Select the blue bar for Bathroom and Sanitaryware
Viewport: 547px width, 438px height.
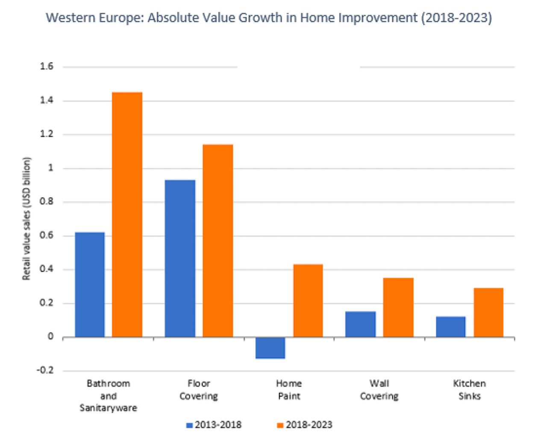[x=90, y=284]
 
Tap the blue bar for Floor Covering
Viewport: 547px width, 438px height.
[x=180, y=258]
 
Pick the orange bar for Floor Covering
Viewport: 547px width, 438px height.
[x=218, y=241]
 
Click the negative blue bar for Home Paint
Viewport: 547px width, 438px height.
[x=270, y=348]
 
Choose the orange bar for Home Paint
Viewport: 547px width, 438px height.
[x=308, y=301]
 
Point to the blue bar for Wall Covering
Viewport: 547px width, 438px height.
[x=360, y=324]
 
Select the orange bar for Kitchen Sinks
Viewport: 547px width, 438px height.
[x=488, y=313]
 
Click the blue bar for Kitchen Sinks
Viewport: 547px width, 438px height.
[x=451, y=327]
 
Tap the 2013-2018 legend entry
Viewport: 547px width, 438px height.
[x=214, y=425]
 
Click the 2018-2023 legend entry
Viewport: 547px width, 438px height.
[x=305, y=425]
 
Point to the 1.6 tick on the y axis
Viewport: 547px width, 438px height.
[x=47, y=66]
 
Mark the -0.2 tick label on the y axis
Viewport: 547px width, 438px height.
[x=45, y=370]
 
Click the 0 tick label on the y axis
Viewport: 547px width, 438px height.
[x=50, y=337]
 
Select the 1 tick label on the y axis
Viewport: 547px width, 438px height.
[x=50, y=168]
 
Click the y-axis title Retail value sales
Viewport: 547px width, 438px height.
[x=27, y=219]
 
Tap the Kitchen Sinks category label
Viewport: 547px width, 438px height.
[x=469, y=390]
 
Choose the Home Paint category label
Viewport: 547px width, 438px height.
[x=289, y=390]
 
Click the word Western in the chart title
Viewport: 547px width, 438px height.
[x=71, y=18]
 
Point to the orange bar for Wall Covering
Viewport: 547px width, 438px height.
[x=398, y=308]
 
